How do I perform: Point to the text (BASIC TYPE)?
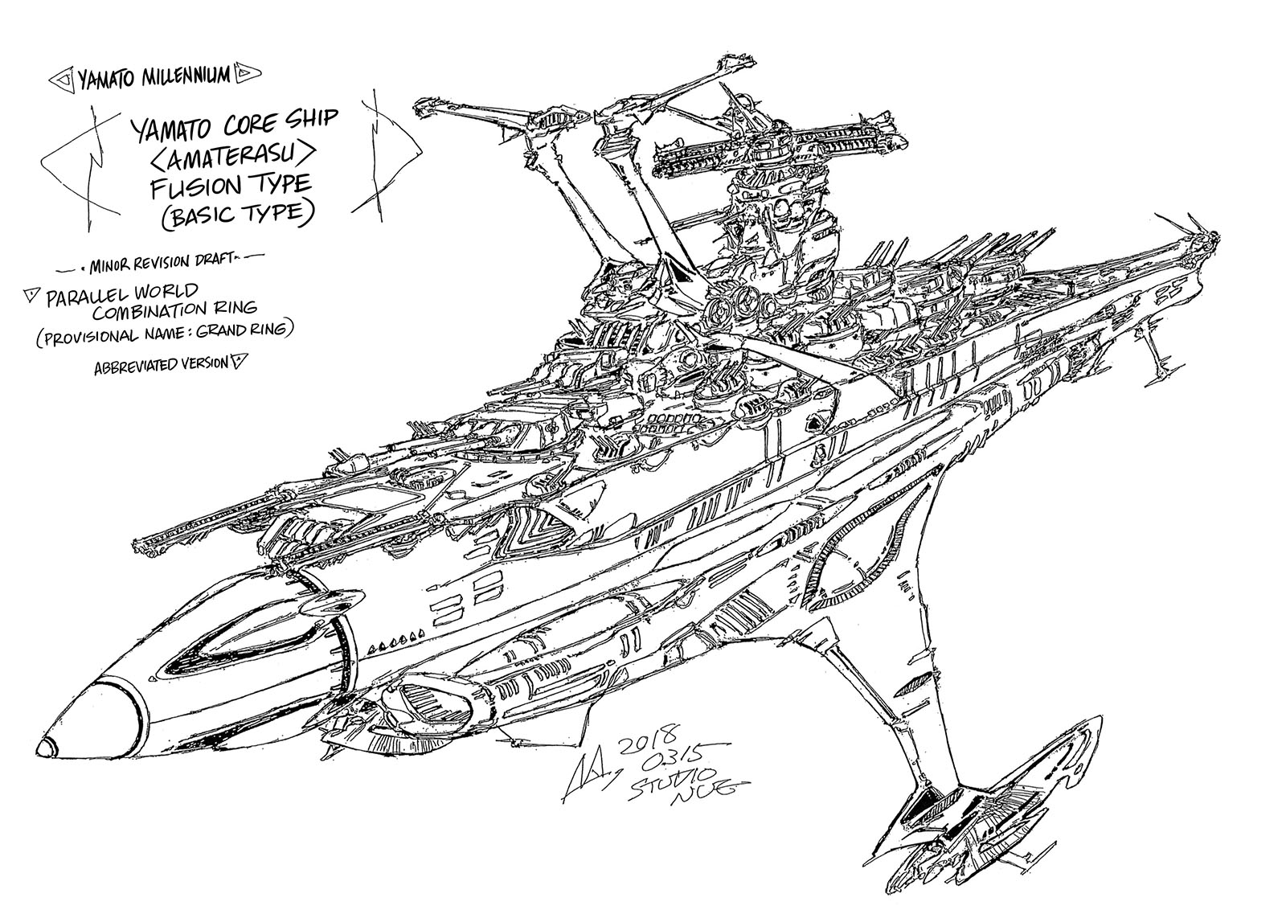click(x=227, y=216)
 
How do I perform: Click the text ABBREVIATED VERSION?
click(x=160, y=364)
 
